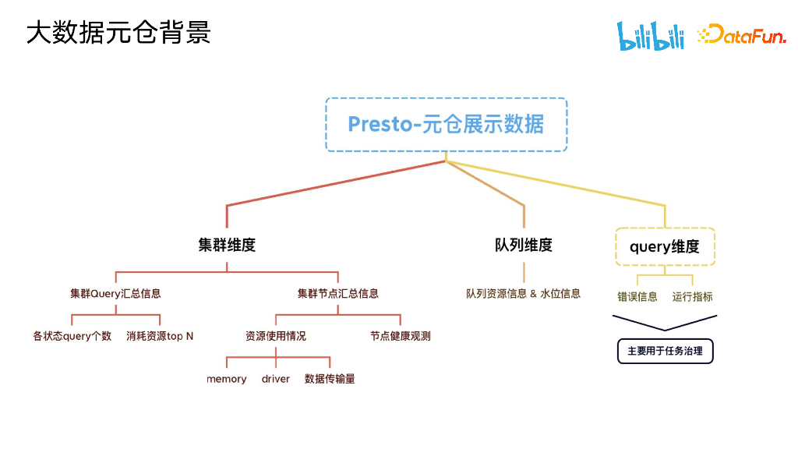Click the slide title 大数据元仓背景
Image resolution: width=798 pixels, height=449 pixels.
point(118,34)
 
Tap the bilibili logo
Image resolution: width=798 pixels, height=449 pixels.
point(651,36)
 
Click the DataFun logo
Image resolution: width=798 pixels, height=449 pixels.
point(741,34)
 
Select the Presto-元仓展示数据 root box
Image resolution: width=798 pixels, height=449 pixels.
point(446,125)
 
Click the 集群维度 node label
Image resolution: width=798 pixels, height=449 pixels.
point(227,245)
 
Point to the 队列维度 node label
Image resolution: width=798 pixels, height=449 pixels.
point(524,245)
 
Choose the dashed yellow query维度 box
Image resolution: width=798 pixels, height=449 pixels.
point(665,247)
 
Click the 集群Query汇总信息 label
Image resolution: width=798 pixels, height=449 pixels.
point(115,294)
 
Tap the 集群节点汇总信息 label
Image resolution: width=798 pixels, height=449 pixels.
point(337,294)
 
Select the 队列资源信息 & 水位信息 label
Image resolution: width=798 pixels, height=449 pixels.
point(524,294)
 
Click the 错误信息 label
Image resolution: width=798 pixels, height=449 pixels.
point(637,296)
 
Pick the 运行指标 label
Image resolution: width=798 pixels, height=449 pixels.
point(692,296)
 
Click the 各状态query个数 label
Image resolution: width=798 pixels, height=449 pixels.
point(72,336)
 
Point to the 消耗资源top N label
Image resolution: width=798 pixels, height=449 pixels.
point(160,336)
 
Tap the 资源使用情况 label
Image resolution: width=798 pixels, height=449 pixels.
point(276,336)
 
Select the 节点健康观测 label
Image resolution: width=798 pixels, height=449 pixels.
point(401,336)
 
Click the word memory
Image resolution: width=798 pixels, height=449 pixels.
point(227,379)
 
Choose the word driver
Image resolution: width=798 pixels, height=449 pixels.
point(276,379)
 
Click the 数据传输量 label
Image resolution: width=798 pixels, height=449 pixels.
point(330,379)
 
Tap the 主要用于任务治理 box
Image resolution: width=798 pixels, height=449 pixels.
point(665,351)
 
